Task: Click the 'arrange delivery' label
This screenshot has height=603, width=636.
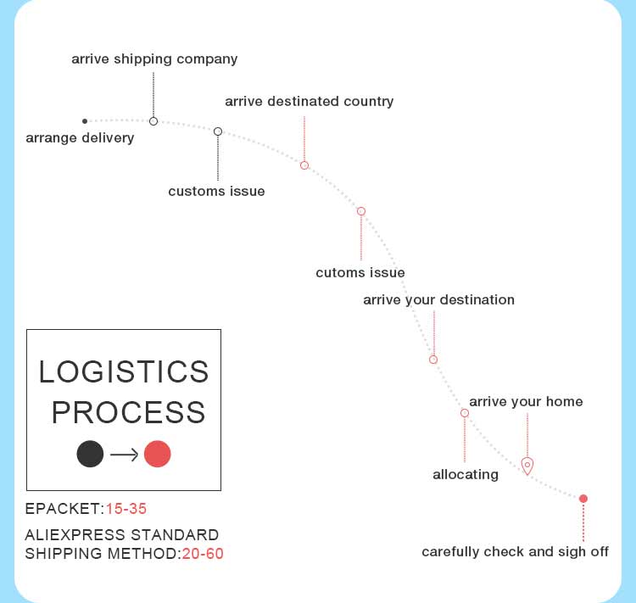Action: pos(80,137)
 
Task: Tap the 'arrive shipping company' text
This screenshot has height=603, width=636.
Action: pos(154,59)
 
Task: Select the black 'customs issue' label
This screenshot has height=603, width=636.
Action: pos(216,191)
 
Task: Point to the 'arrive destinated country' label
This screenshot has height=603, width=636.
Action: pos(309,102)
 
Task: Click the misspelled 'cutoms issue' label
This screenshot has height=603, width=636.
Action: pos(360,272)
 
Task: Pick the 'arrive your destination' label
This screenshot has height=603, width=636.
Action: pos(438,299)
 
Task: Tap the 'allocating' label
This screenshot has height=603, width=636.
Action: pos(465,474)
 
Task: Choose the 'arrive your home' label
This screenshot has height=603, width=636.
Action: pos(526,401)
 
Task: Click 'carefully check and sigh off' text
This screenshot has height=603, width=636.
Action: pos(515,552)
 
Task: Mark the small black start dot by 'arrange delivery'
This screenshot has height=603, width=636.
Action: pos(85,121)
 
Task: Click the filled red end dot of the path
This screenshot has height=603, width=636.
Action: pos(583,499)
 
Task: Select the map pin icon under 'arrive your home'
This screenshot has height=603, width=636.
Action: pos(527,465)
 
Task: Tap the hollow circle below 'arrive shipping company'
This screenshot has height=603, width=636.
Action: pos(153,121)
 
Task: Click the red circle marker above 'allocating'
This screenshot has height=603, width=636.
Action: pos(465,413)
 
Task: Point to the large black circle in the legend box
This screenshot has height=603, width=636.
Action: pos(90,454)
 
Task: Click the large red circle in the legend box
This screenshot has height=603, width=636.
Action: pos(158,454)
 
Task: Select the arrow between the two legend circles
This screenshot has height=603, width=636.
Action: pos(124,455)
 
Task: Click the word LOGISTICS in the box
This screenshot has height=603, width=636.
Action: pos(124,371)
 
